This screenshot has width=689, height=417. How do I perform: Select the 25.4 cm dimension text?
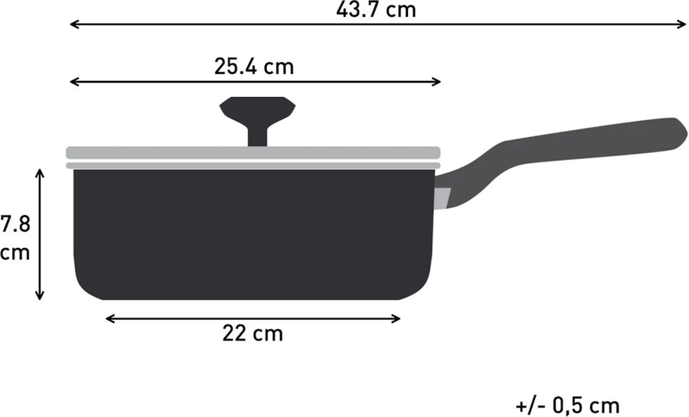(x=253, y=66)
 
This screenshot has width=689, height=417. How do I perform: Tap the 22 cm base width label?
(x=253, y=334)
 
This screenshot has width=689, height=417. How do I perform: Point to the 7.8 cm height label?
(x=15, y=238)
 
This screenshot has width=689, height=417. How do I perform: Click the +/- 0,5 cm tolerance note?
(x=567, y=404)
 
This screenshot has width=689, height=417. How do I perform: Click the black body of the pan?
(x=253, y=233)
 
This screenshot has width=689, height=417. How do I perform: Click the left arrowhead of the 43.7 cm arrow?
(x=73, y=25)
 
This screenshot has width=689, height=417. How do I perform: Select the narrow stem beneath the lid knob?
(x=257, y=133)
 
